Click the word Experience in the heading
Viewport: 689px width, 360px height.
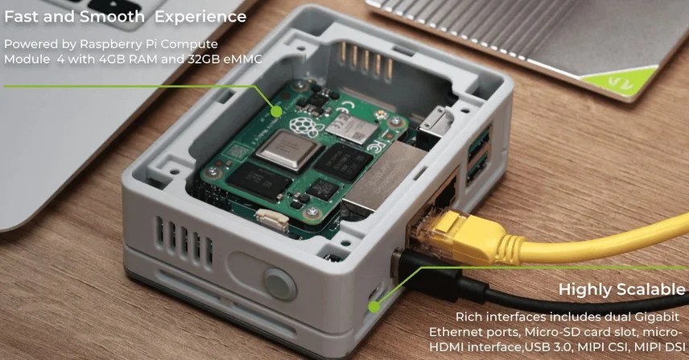(200, 17)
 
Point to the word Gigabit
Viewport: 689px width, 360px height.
(657, 317)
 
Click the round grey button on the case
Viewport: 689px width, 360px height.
(279, 283)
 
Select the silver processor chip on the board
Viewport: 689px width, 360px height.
(289, 151)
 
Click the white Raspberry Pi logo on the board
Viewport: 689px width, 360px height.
(304, 126)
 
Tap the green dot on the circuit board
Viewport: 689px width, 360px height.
(276, 112)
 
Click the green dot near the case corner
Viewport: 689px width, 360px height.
(374, 306)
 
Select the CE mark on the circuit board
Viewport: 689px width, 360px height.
(347, 106)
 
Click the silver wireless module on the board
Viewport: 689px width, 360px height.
(351, 127)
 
